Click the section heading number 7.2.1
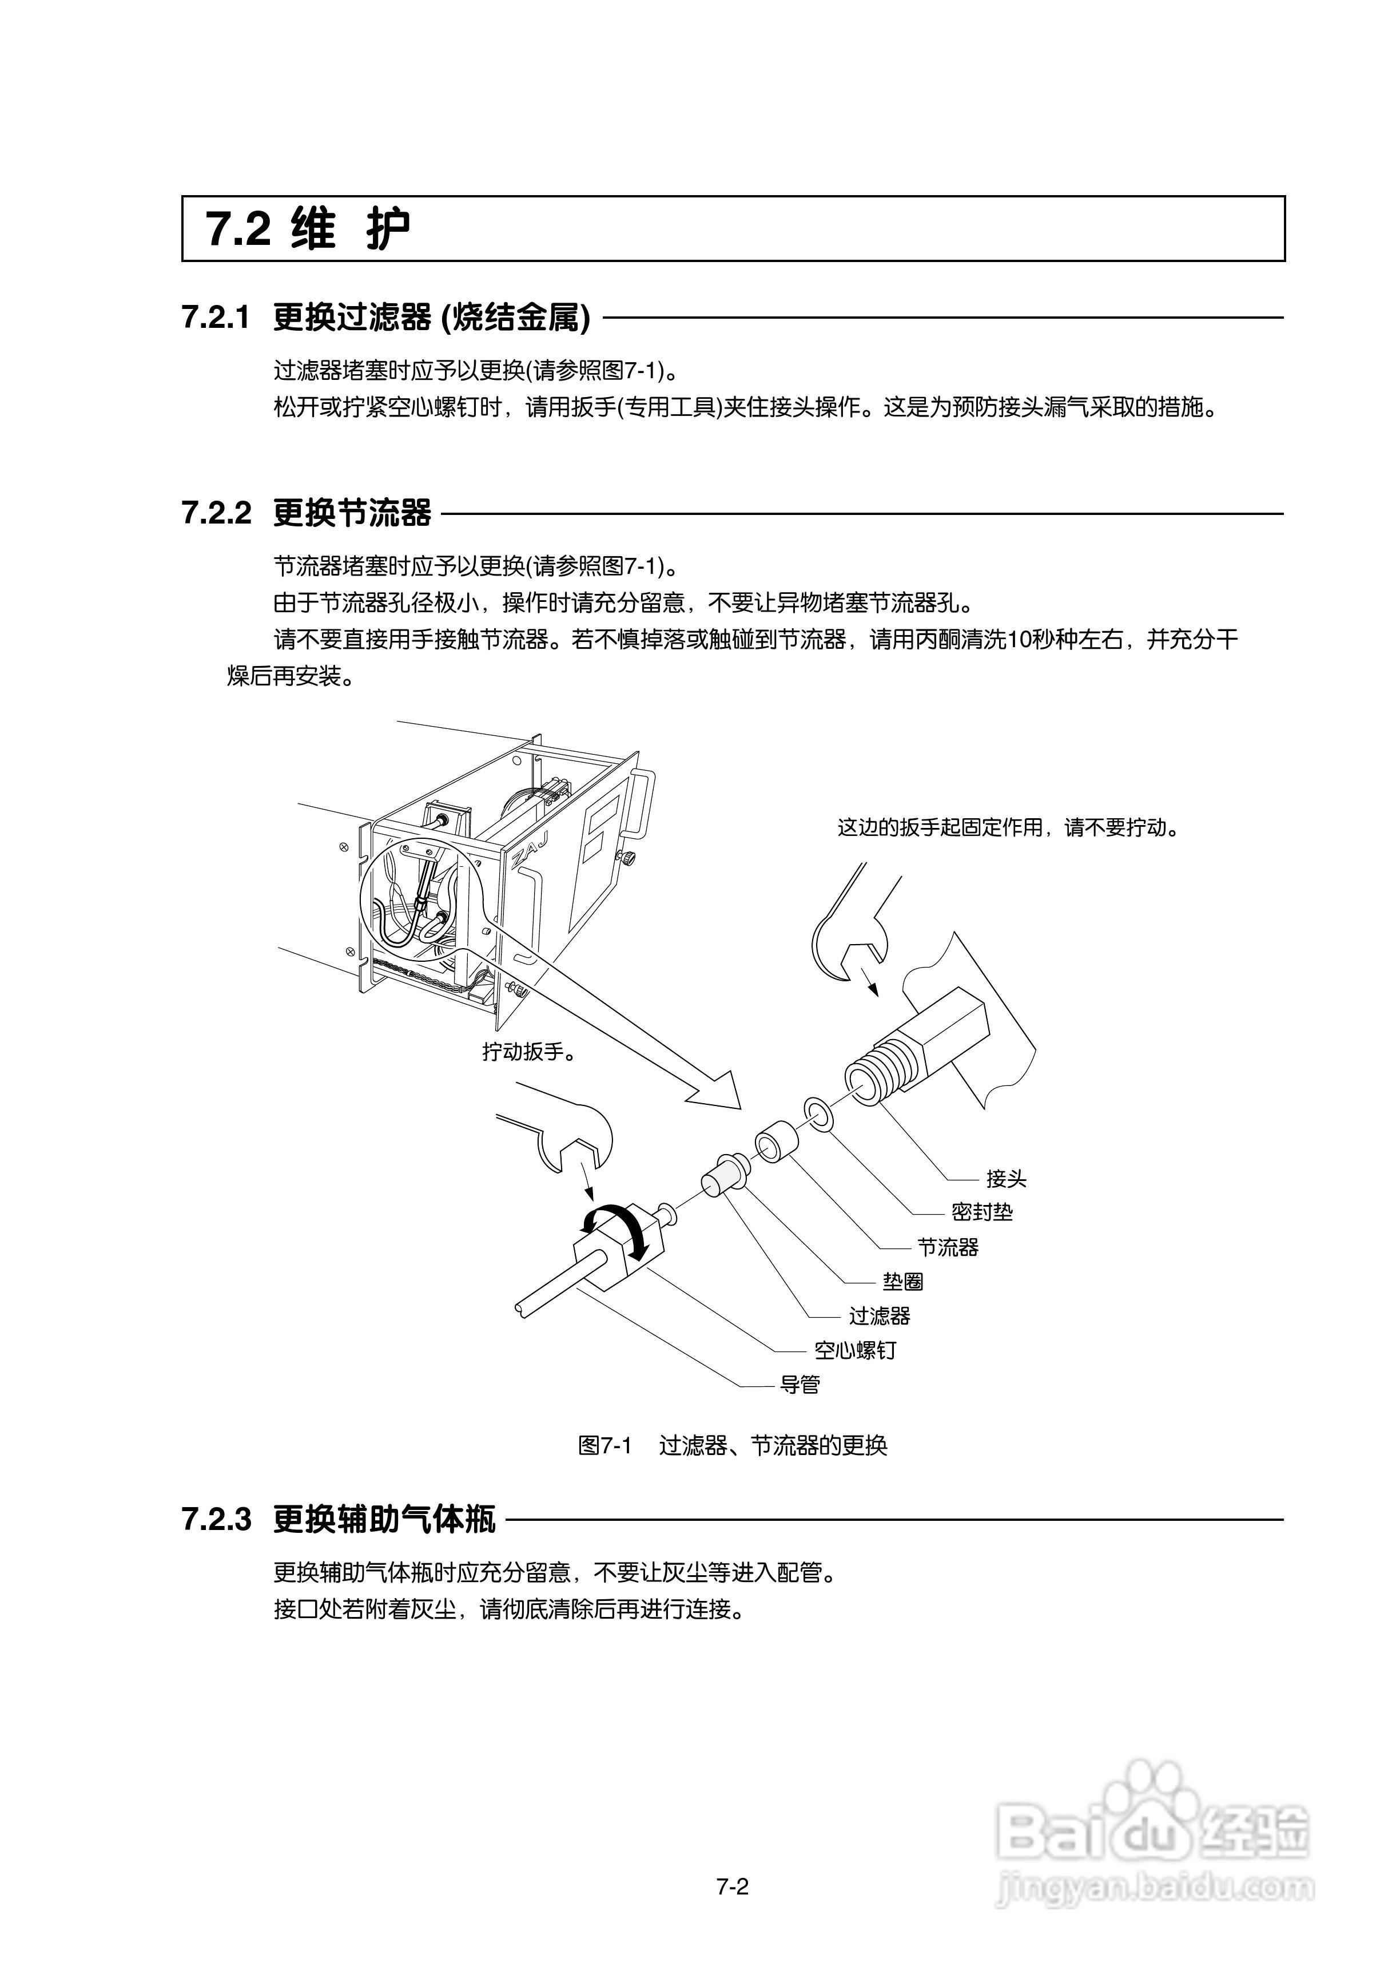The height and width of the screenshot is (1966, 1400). tap(216, 318)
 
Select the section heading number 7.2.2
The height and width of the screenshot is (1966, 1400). tap(216, 513)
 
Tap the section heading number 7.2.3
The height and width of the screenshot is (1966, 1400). tap(216, 1519)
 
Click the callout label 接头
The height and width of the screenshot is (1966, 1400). tap(1005, 1179)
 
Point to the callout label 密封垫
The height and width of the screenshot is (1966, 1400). tap(982, 1212)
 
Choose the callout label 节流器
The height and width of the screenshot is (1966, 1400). tap(948, 1247)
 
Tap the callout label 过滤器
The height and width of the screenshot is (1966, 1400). tap(880, 1316)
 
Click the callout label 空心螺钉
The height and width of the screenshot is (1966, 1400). tap(855, 1350)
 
